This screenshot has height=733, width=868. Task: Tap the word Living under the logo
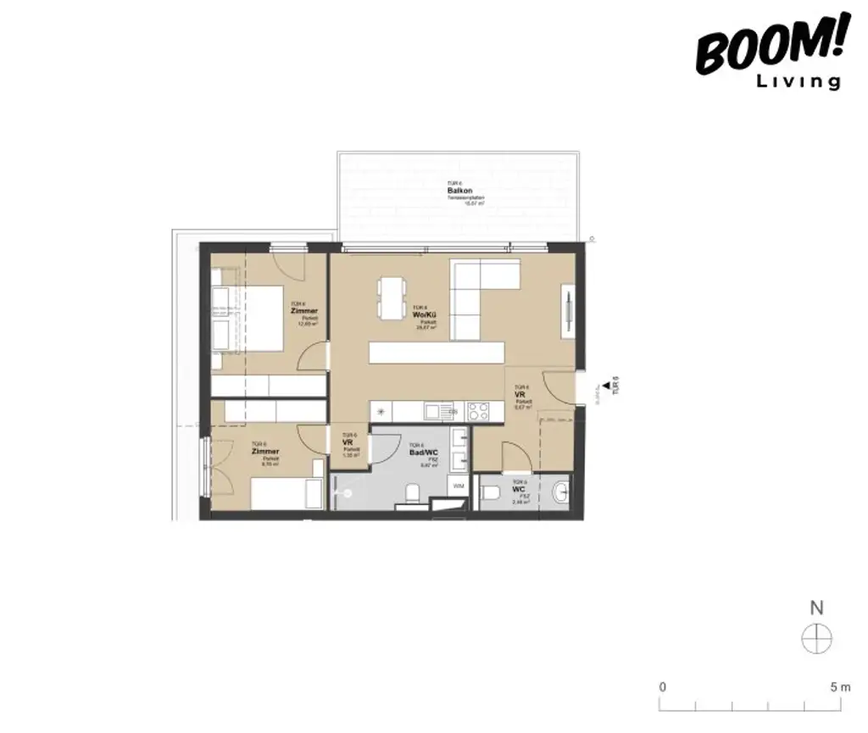click(x=797, y=82)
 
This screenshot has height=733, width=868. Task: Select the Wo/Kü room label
click(x=424, y=315)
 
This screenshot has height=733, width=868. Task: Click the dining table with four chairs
click(x=392, y=298)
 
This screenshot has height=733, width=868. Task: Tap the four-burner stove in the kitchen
click(x=478, y=412)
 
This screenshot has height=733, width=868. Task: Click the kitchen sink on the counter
click(x=438, y=412)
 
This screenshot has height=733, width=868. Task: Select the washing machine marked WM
click(x=458, y=486)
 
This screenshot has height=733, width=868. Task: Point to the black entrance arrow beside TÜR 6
click(x=603, y=388)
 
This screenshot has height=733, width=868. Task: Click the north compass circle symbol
click(x=817, y=638)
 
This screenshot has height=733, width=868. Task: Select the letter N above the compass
click(x=817, y=608)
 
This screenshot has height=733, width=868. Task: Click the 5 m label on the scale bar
click(x=839, y=686)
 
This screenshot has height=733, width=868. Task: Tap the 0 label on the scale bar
click(x=663, y=686)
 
